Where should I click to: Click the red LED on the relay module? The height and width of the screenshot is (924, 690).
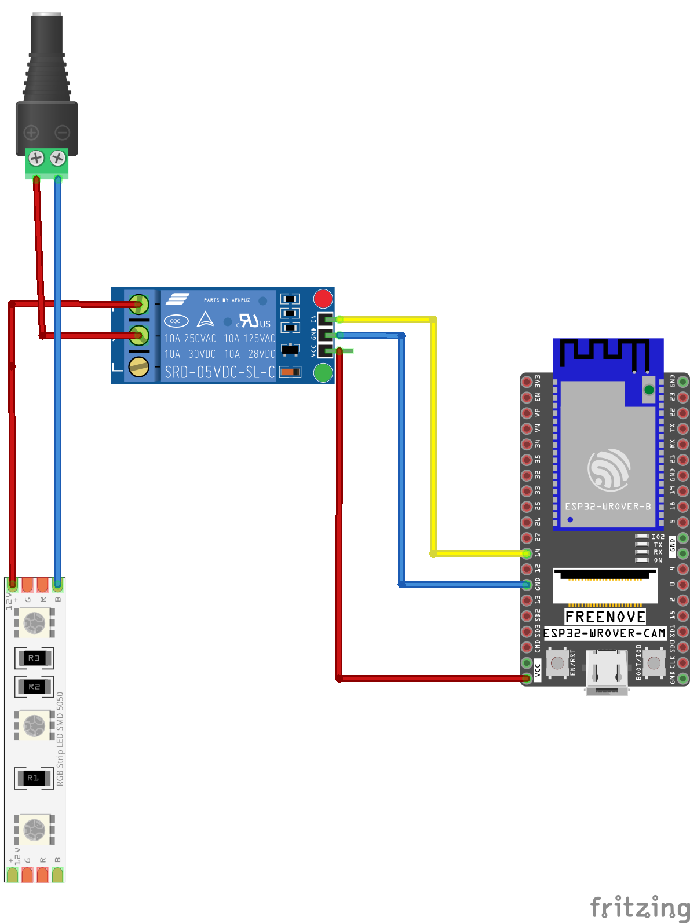tap(323, 299)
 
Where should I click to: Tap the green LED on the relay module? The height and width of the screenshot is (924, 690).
tap(323, 373)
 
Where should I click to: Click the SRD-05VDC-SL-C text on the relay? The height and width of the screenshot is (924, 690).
tap(220, 372)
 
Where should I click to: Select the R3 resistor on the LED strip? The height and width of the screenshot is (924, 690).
tap(34, 658)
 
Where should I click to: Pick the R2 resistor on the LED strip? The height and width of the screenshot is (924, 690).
tap(34, 687)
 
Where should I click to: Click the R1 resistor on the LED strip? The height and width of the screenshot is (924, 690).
tap(34, 778)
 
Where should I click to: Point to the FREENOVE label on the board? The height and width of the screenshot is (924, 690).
tap(605, 617)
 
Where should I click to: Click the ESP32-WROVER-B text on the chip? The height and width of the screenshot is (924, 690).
tap(608, 507)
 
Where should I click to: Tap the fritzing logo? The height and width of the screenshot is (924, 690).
tap(639, 907)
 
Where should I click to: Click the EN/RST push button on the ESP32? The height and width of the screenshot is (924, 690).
tap(557, 662)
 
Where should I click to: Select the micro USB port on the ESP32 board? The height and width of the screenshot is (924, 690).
tap(607, 672)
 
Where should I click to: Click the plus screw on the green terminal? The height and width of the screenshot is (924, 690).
tap(36, 157)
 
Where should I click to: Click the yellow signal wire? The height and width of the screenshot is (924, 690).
tap(433, 434)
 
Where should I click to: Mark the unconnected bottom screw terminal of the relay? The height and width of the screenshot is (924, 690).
tap(138, 366)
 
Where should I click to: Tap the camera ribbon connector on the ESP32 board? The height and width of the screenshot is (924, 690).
tap(605, 586)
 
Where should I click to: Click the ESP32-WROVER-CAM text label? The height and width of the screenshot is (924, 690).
tap(604, 633)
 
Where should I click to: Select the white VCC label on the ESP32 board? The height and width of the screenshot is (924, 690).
tap(538, 670)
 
